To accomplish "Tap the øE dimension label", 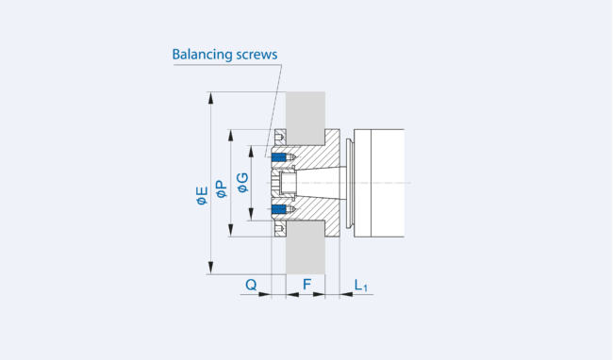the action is click(x=202, y=196).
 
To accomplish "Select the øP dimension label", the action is click(x=222, y=188).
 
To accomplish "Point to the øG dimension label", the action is click(x=242, y=183).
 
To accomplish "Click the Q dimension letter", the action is click(x=251, y=285).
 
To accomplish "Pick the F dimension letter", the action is click(x=306, y=285).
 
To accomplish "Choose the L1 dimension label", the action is click(x=360, y=286).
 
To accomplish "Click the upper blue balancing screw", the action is click(x=279, y=157).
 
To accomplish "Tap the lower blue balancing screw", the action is click(x=279, y=209).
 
